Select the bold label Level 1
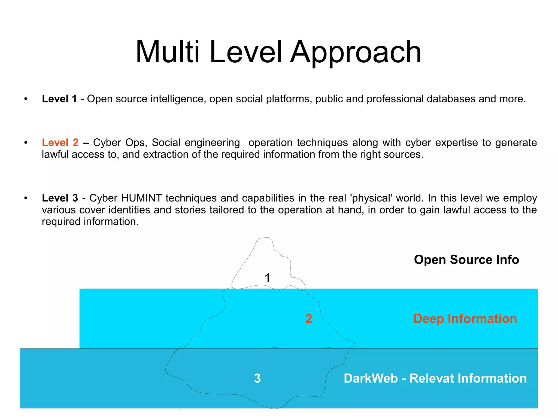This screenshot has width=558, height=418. (x=59, y=99)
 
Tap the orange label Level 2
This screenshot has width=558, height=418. (x=60, y=142)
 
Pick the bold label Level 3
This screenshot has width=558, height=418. (x=60, y=198)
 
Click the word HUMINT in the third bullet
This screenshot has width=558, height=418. (x=141, y=198)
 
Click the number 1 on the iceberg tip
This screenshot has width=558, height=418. (x=267, y=278)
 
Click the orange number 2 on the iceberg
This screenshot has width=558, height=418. (x=308, y=319)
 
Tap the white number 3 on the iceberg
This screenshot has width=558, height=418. (x=257, y=378)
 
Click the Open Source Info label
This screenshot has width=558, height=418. (x=466, y=260)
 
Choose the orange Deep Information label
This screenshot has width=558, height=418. (x=465, y=319)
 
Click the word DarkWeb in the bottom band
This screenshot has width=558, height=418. (x=371, y=378)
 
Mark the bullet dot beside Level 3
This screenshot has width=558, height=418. (x=26, y=198)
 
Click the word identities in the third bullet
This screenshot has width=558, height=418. (x=129, y=210)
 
